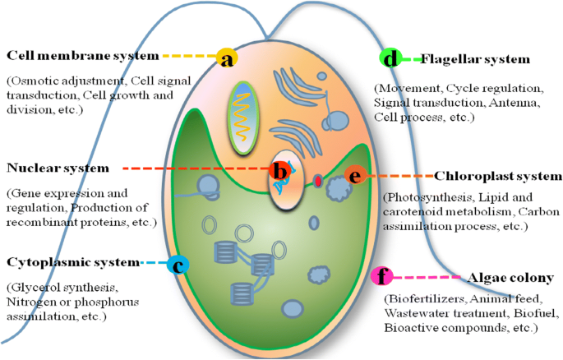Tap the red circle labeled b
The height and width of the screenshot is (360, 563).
[279, 171]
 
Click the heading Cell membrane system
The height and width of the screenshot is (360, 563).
[82, 56]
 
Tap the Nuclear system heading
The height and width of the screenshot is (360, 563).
[58, 168]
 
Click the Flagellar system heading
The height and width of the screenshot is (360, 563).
[476, 59]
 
